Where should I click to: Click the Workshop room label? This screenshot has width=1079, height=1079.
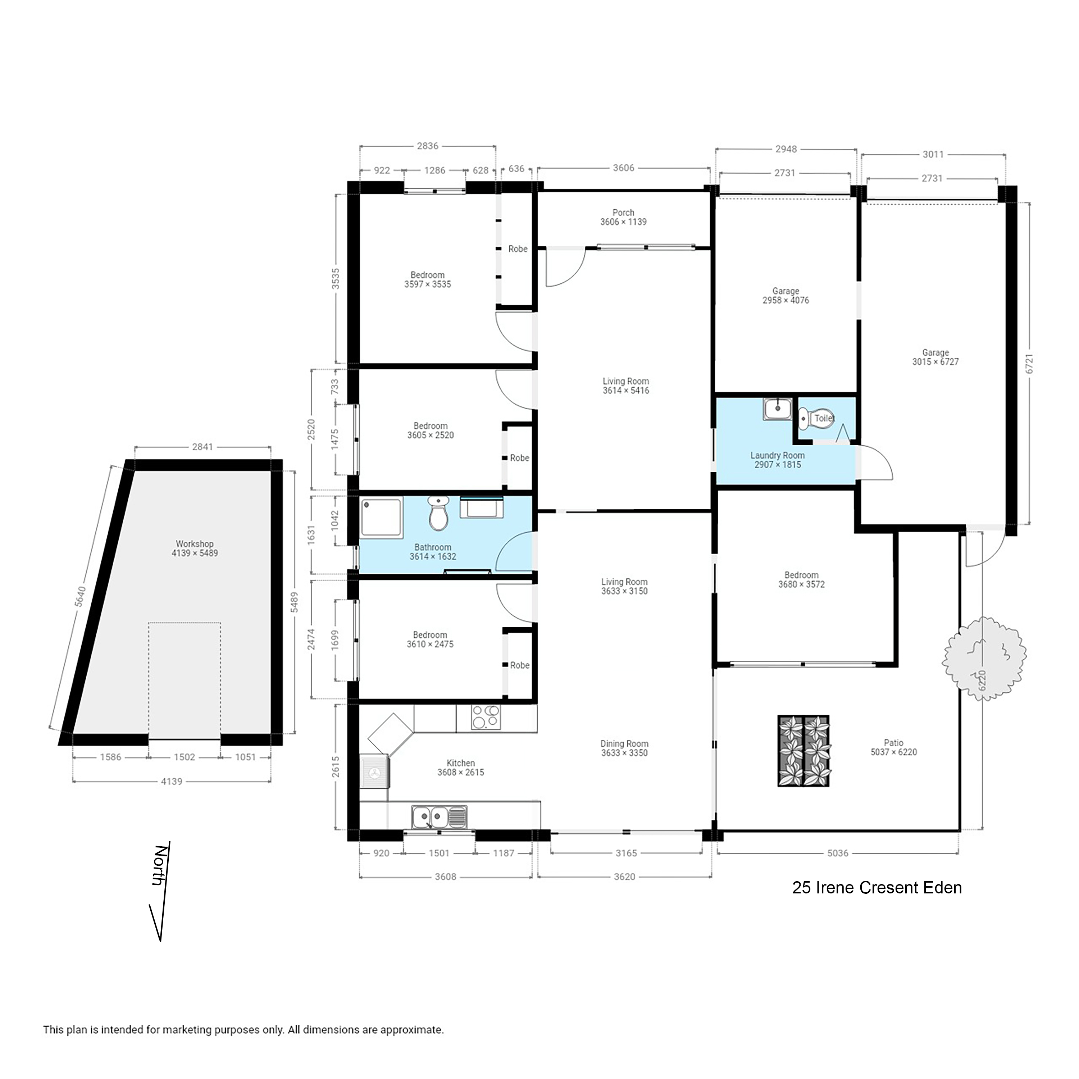[x=194, y=543]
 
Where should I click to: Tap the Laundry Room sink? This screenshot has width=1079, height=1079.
[x=777, y=409]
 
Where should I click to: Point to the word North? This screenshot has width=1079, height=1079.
[x=160, y=865]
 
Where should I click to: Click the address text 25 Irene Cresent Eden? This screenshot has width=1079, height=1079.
[x=877, y=887]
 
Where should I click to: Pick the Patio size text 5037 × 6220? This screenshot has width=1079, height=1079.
[x=893, y=752]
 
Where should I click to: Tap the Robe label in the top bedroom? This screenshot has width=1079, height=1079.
[x=518, y=249]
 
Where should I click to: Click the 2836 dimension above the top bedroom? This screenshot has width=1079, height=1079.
[x=427, y=146]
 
